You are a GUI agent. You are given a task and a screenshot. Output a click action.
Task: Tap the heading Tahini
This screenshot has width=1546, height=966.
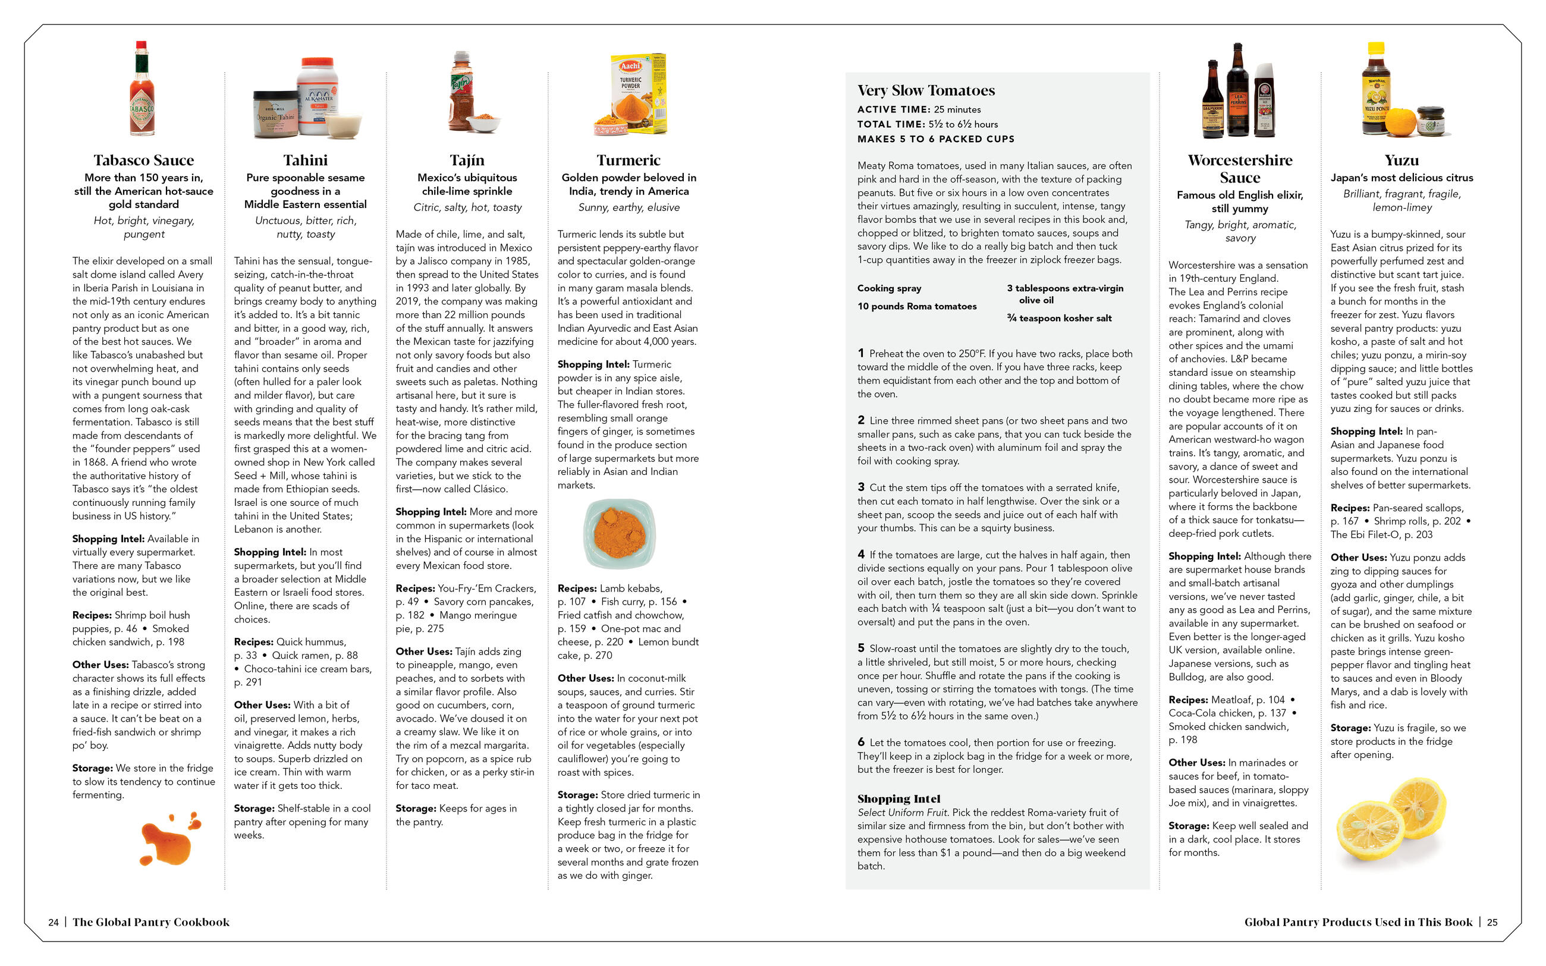[x=306, y=160]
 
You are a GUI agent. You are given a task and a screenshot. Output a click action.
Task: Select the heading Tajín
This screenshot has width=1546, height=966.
[x=467, y=160]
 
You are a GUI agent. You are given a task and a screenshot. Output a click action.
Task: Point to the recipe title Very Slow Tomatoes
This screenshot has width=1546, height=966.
[x=926, y=91]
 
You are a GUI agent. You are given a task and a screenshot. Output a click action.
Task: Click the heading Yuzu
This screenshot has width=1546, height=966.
[x=1402, y=160]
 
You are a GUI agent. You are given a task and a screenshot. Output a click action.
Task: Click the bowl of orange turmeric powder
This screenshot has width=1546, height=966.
[x=619, y=533]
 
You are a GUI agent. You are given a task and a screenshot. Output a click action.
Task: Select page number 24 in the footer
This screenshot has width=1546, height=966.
[x=54, y=922]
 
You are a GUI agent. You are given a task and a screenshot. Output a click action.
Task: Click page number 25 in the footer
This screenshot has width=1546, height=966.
[x=1492, y=922]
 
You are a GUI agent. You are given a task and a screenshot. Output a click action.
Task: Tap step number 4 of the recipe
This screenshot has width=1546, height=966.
[x=861, y=555]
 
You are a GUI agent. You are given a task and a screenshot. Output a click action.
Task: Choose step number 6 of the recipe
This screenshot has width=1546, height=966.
[x=861, y=742]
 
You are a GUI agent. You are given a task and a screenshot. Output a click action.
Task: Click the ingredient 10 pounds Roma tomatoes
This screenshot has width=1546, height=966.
[x=917, y=306]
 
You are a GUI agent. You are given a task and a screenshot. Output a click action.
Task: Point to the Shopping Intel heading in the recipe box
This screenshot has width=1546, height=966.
[x=899, y=798]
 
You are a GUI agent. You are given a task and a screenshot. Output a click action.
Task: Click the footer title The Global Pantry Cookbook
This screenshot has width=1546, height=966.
[x=151, y=922]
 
